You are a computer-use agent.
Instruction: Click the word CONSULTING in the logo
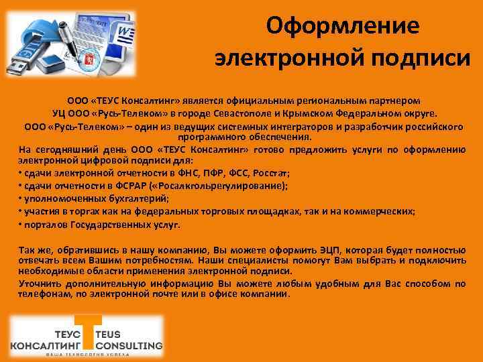[x=129, y=346]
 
